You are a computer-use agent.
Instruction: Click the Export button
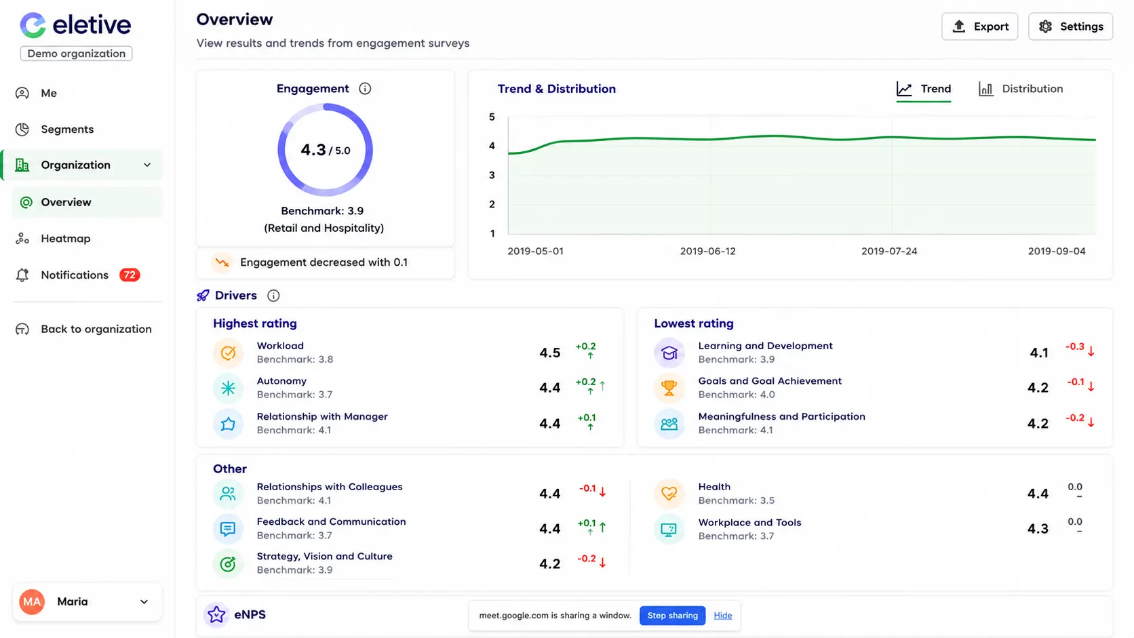(x=979, y=26)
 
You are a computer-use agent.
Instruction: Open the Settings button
(x=1071, y=26)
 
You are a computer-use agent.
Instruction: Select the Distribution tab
(x=1021, y=89)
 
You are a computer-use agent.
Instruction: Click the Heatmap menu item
(x=65, y=238)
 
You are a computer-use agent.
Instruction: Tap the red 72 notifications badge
(x=130, y=275)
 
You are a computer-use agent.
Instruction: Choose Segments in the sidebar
(x=67, y=129)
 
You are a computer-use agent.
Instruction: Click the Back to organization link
(x=96, y=329)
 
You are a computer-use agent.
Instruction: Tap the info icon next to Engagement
(x=365, y=89)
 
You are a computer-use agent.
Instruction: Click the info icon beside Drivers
(x=273, y=296)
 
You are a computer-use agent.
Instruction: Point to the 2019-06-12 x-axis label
(x=708, y=251)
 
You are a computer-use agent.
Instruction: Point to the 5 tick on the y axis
(x=492, y=117)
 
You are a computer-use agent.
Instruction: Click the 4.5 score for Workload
(x=550, y=353)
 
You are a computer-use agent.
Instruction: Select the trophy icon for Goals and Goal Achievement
(x=669, y=388)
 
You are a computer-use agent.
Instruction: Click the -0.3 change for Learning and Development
(x=1075, y=346)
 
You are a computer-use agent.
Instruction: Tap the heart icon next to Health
(x=669, y=494)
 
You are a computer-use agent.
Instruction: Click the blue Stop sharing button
(x=672, y=615)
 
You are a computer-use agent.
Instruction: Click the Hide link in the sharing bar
(x=723, y=615)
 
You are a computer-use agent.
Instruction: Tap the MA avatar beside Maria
(x=32, y=601)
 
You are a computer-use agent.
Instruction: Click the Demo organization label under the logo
(x=77, y=54)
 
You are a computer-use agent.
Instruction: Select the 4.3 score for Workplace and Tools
(x=1038, y=529)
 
